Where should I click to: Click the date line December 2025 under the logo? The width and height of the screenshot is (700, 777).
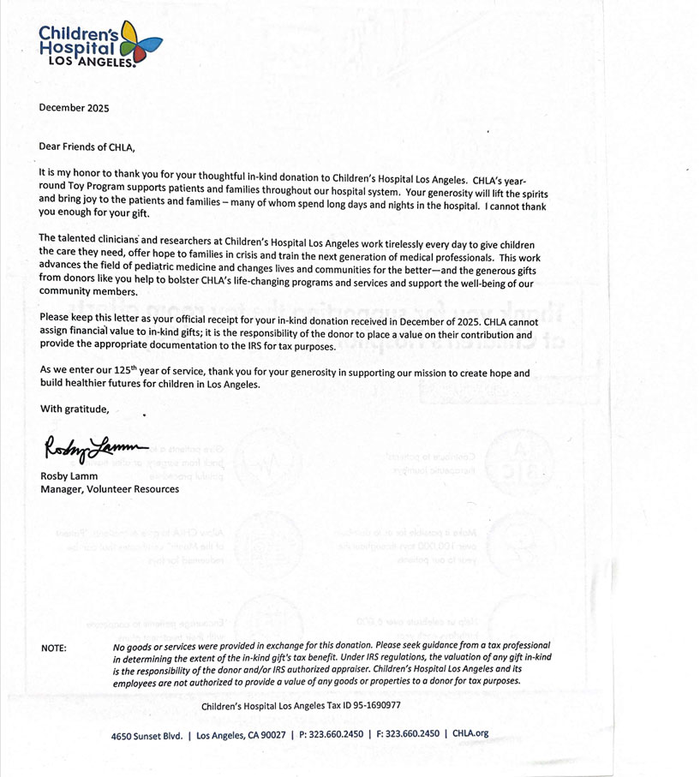(74, 108)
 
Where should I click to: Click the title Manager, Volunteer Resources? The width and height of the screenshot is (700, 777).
(110, 489)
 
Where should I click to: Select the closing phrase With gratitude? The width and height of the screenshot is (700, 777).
(75, 409)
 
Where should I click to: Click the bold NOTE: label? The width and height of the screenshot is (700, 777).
(54, 648)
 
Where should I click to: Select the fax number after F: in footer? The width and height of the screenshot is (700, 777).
(410, 734)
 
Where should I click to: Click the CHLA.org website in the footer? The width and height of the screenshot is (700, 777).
(470, 734)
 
